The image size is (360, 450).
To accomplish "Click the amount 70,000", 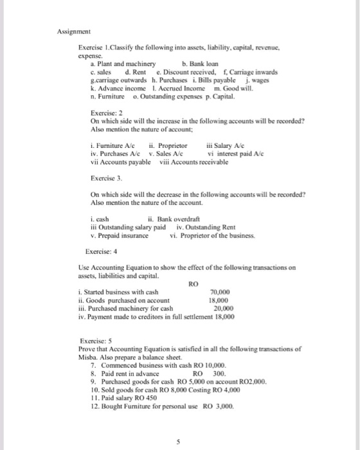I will click(x=221, y=292).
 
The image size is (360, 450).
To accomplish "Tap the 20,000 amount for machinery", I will click(x=223, y=308).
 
